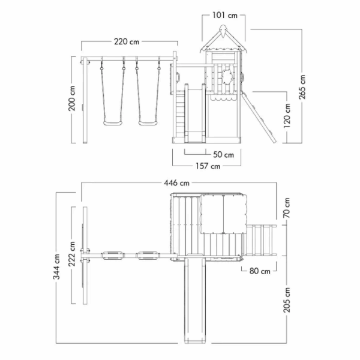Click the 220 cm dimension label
click(127, 41)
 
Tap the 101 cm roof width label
click(224, 15)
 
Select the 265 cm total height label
click(302, 87)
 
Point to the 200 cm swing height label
click(71, 98)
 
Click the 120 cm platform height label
click(287, 116)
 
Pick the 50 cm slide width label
click(223, 155)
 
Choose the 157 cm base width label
click(208, 166)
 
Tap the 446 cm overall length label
click(176, 183)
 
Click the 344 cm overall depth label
click(56, 266)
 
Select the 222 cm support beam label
click(72, 254)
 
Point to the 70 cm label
click(287, 208)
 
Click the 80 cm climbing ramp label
click(260, 271)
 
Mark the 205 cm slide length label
click(287, 300)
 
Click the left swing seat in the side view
click(113, 123)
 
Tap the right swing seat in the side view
click(148, 123)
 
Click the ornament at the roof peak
click(223, 31)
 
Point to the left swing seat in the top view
click(113, 256)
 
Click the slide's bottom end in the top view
click(195, 341)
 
